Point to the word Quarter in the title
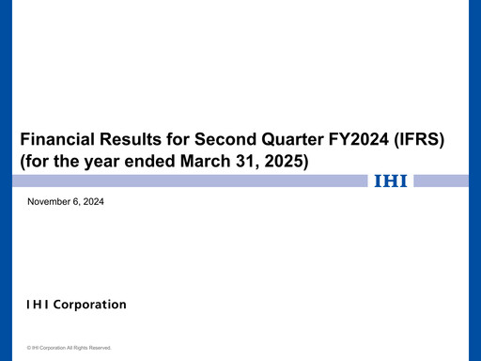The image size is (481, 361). click(280, 139)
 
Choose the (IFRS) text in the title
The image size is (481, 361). click(420, 139)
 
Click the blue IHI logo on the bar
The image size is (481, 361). click(390, 181)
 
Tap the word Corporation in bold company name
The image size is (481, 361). click(90, 305)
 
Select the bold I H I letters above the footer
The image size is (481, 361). click(39, 305)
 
